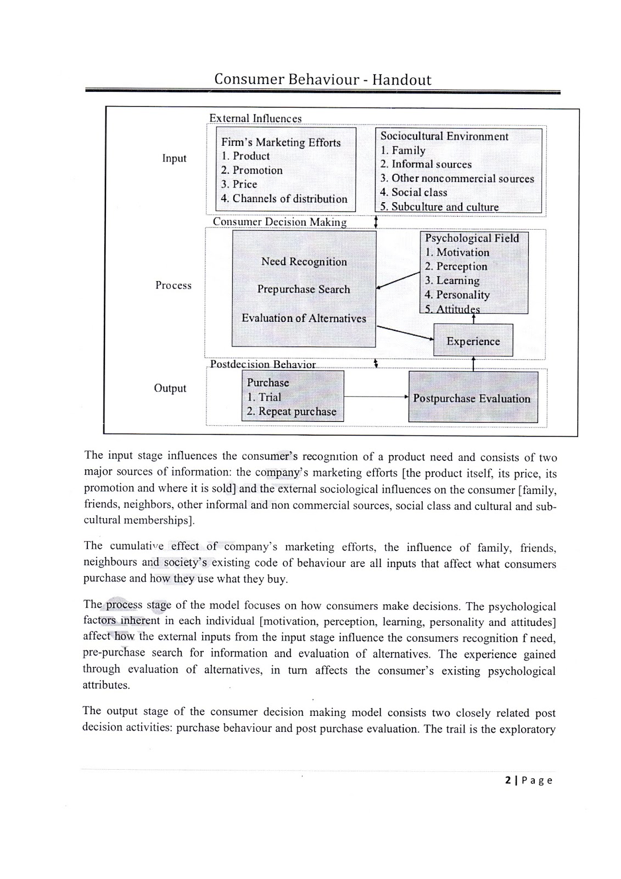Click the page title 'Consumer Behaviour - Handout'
pos(322,80)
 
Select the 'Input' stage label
pos(174,158)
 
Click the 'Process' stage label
pos(174,285)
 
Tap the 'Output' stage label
pos(170,388)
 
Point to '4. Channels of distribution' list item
pos(284,199)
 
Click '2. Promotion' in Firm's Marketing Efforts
pos(251,170)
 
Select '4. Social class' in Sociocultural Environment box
pos(413,192)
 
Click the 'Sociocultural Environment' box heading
pos(444,136)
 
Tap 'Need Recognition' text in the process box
pos(304,262)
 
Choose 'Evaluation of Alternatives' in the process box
pos(304,318)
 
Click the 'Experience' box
pos(473,341)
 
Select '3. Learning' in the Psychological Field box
pos(452,280)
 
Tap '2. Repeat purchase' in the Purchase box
pos(291,411)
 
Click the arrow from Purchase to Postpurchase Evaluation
pos(376,397)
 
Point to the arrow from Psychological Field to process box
pos(398,280)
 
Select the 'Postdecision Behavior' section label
pos(263,364)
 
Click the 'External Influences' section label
pos(255,119)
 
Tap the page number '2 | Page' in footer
pos(529,780)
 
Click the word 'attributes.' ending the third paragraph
pos(107,685)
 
